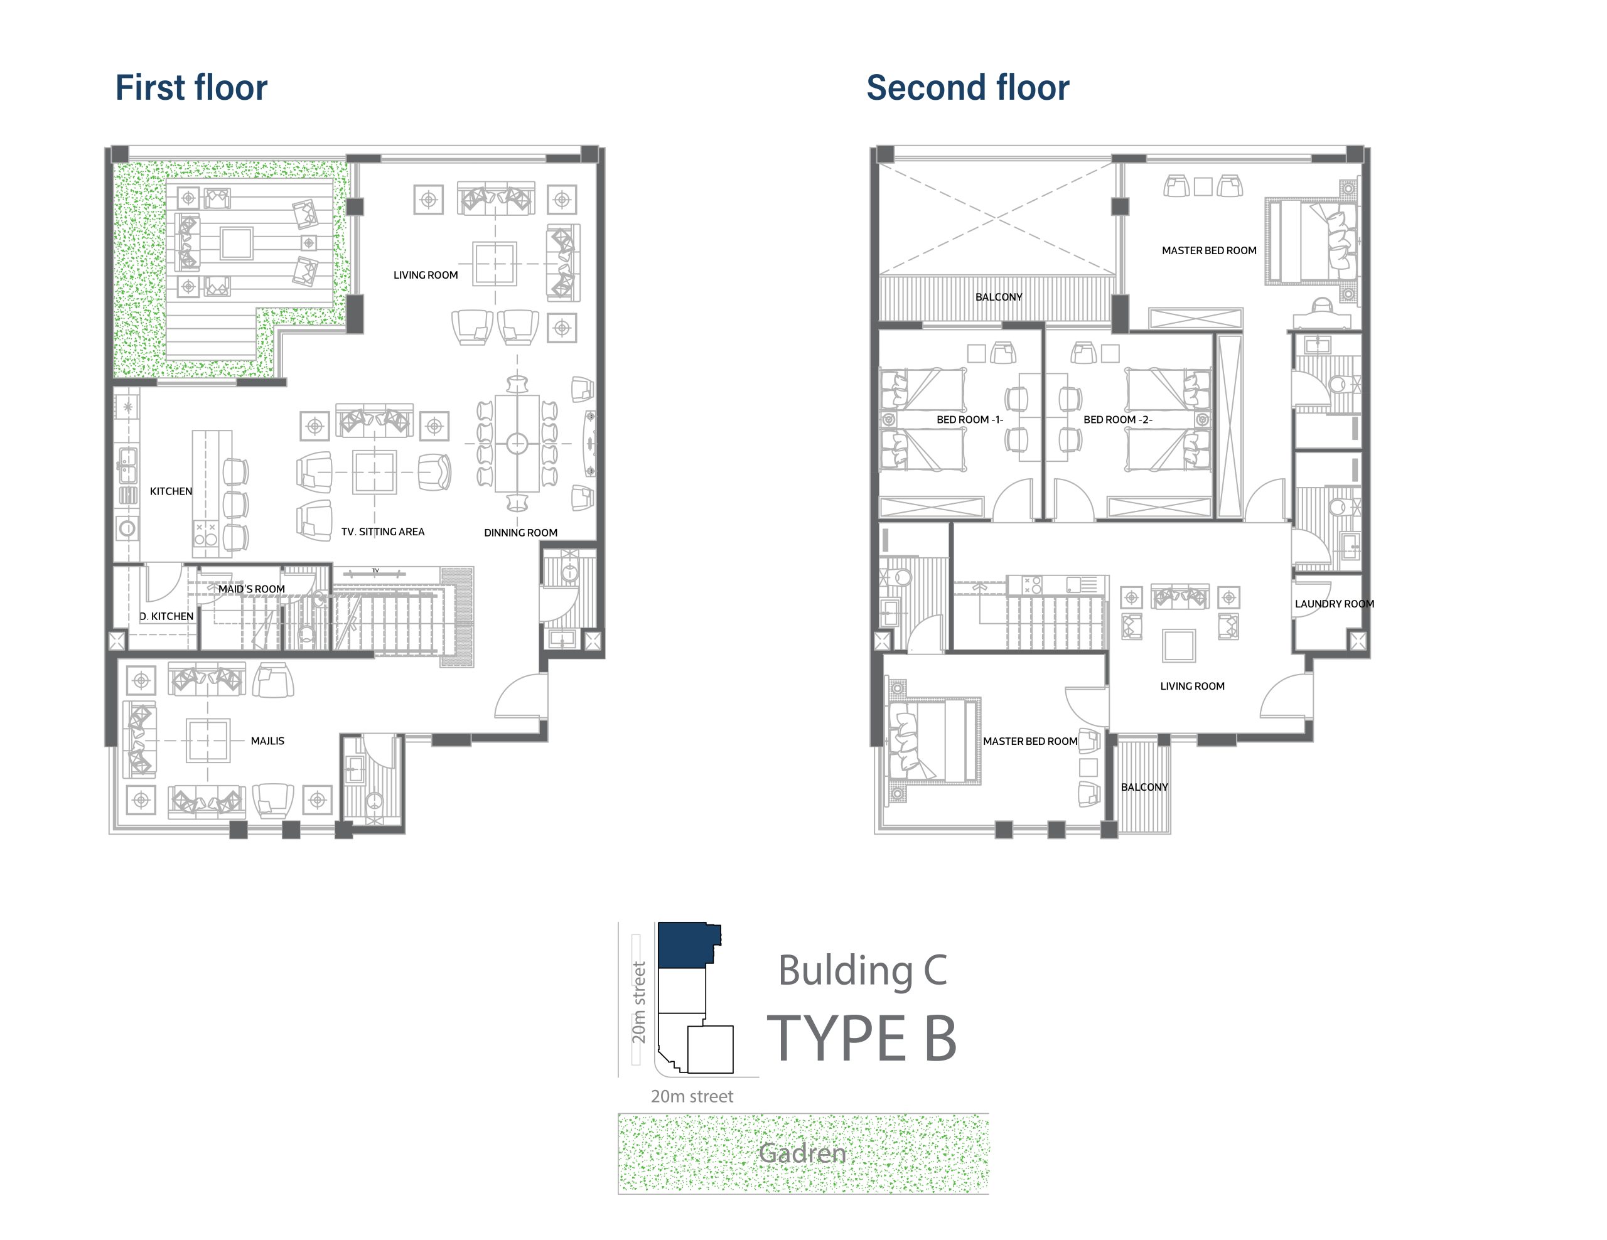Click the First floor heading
[x=191, y=87]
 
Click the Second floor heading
[x=967, y=87]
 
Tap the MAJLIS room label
[x=267, y=740]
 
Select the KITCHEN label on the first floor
[x=171, y=491]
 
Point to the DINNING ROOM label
[x=520, y=533]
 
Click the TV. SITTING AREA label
[x=383, y=532]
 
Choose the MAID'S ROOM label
[x=251, y=589]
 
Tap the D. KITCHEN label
[x=166, y=616]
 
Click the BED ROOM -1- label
[x=970, y=419]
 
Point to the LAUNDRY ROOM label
[x=1334, y=604]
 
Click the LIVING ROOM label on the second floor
[x=1192, y=686]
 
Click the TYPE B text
[x=862, y=1038]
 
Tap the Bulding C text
[x=863, y=970]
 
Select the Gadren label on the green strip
[x=802, y=1153]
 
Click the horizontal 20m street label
[x=692, y=1096]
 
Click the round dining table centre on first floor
[x=517, y=444]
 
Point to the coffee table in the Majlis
[x=208, y=740]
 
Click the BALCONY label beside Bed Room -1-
[x=999, y=297]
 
